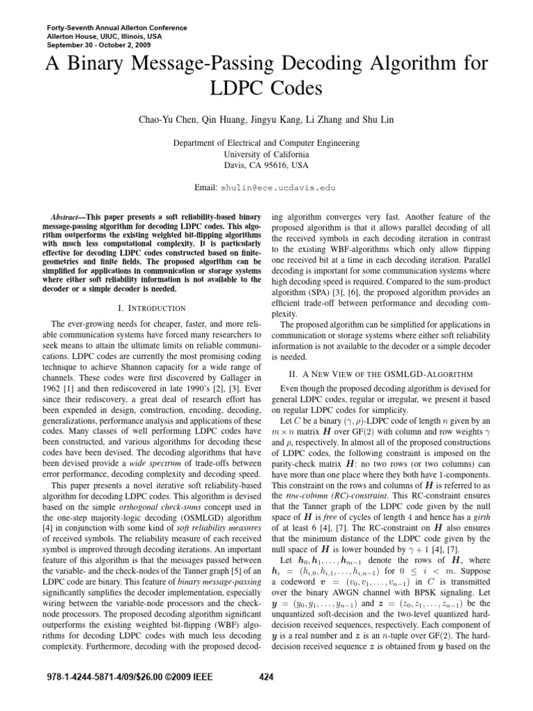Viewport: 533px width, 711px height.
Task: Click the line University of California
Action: [266, 153]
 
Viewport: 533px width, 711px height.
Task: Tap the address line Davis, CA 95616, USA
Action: [266, 165]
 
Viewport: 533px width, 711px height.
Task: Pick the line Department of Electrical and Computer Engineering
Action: [266, 142]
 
